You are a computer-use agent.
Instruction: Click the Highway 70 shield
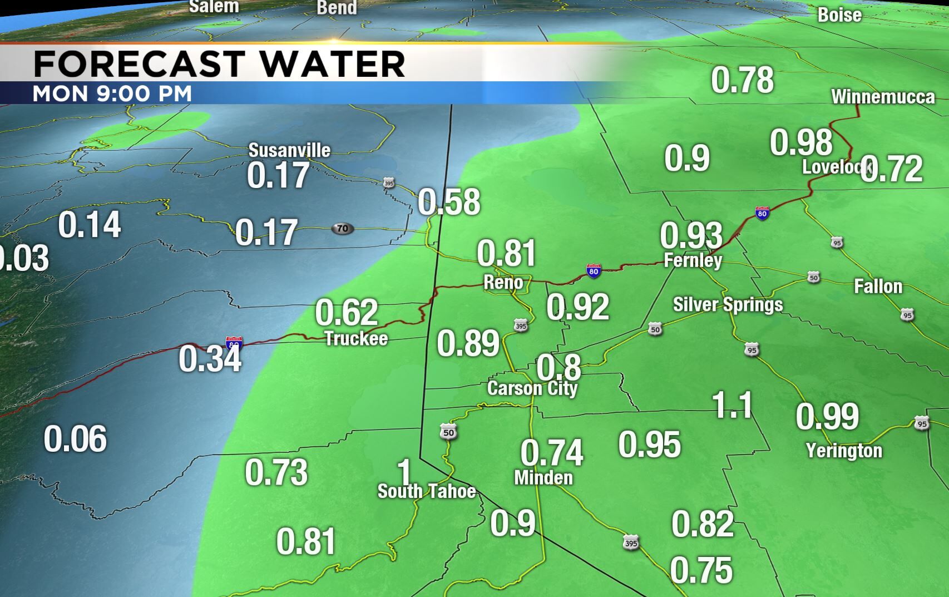[342, 228]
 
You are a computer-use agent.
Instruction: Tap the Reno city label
[503, 283]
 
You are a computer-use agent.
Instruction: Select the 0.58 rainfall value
[448, 202]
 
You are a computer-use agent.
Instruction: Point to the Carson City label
[532, 388]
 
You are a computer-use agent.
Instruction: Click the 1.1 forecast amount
[733, 405]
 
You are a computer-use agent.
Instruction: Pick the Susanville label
[289, 150]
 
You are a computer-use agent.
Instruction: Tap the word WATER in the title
[332, 63]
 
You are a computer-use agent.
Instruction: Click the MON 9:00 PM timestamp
[112, 93]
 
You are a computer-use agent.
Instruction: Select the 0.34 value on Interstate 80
[210, 359]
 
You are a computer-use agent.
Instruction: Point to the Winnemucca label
[883, 97]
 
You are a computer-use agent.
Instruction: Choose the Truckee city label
[356, 338]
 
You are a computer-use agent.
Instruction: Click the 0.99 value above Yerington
[827, 416]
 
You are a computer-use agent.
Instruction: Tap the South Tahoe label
[427, 491]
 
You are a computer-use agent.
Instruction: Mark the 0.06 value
[75, 439]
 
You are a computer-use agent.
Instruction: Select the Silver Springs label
[728, 305]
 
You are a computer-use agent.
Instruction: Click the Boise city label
[839, 15]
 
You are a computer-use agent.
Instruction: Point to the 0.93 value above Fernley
[691, 235]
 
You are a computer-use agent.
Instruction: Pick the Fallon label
[878, 287]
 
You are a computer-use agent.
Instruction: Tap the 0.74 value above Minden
[552, 452]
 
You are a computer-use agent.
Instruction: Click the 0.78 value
[742, 80]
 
